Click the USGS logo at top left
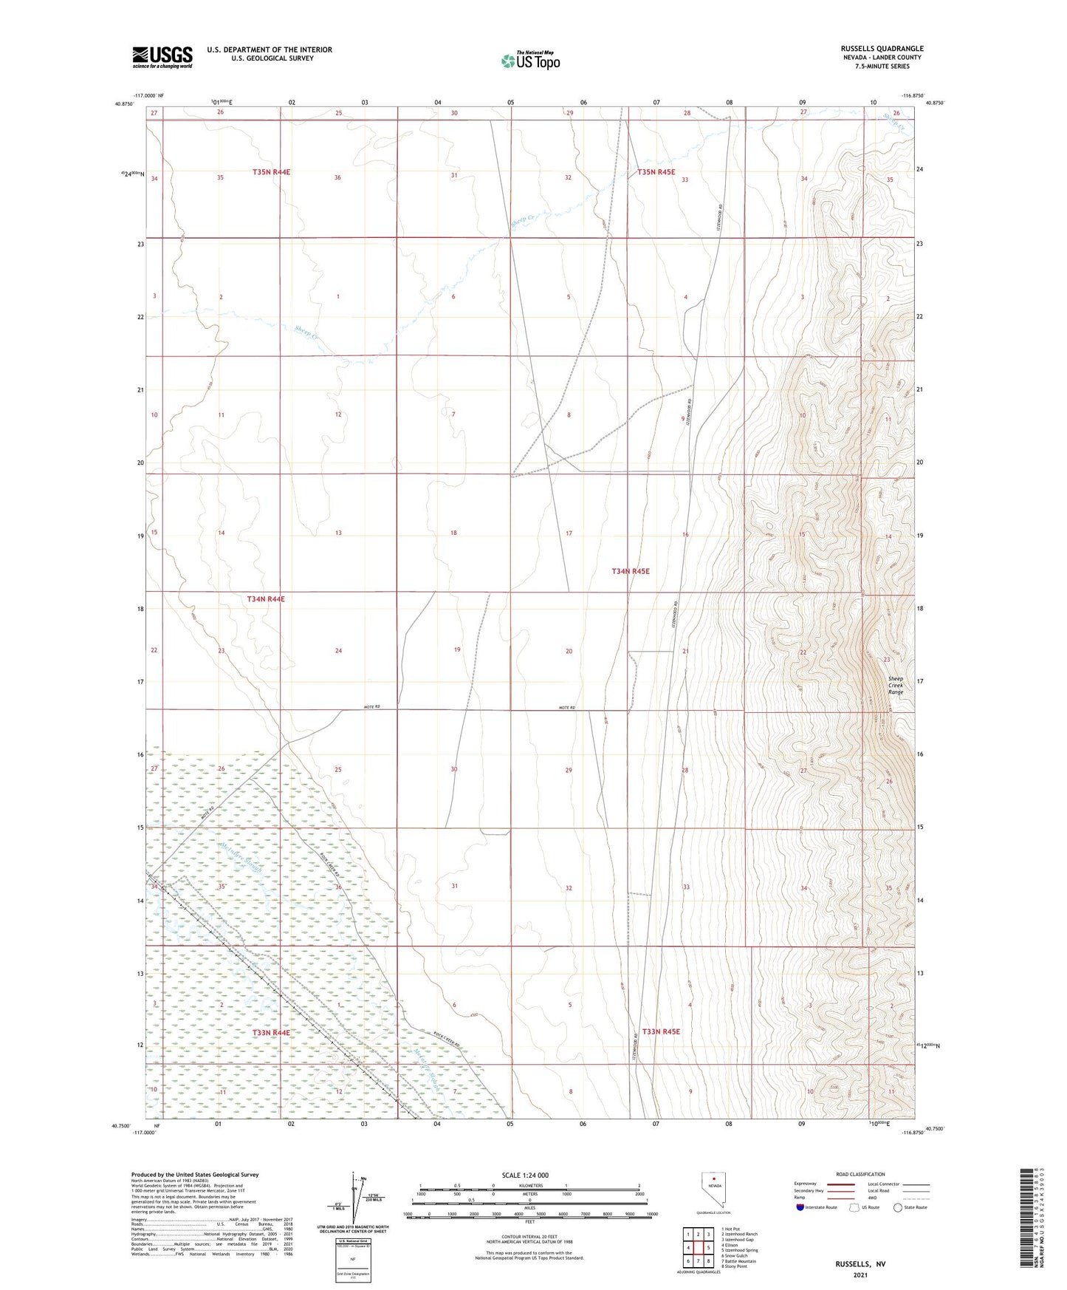pyautogui.click(x=162, y=56)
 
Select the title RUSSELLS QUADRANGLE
pyautogui.click(x=882, y=49)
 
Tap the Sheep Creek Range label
pyautogui.click(x=896, y=685)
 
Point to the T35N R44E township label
pyautogui.click(x=271, y=172)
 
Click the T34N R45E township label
pyautogui.click(x=631, y=571)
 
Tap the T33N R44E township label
pyautogui.click(x=271, y=1032)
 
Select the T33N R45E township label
pyautogui.click(x=661, y=1031)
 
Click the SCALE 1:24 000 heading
pyautogui.click(x=525, y=1175)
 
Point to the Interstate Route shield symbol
pyautogui.click(x=800, y=1208)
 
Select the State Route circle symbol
pyautogui.click(x=898, y=1208)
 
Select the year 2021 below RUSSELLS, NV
pyautogui.click(x=860, y=1275)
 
